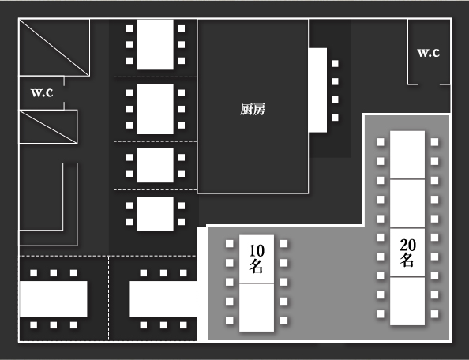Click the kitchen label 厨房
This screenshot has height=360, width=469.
tap(253, 109)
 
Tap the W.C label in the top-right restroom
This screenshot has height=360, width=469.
tap(428, 53)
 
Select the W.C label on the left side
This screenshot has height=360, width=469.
tap(42, 92)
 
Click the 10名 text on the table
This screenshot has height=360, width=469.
tap(257, 259)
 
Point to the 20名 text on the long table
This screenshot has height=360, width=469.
tap(407, 253)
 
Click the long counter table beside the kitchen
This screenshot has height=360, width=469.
tap(317, 90)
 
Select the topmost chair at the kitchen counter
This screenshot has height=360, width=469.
tap(335, 63)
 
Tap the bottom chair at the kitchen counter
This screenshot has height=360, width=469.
tap(335, 118)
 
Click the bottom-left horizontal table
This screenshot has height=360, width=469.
tap(54, 299)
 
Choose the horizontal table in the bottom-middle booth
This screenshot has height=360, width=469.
tap(163, 299)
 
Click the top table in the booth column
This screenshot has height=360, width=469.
tap(156, 44)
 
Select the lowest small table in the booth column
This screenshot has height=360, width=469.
tap(156, 213)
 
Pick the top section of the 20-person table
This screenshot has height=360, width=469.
tap(407, 155)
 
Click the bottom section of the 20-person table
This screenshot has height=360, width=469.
tap(407, 301)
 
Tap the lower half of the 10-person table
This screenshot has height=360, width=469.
tap(257, 307)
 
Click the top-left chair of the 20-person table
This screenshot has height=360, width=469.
tap(380, 142)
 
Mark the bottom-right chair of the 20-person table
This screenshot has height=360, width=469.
tap(434, 314)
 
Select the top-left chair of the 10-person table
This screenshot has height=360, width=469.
tap(230, 244)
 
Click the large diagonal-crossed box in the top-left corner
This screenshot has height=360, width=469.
tap(54, 47)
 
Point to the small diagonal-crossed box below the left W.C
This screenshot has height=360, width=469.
tap(48, 127)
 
